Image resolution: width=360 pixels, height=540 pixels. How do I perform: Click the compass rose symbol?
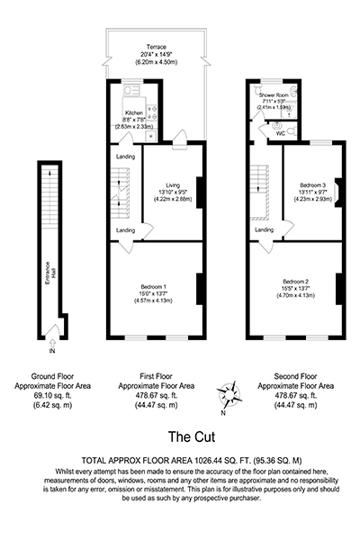[229, 394]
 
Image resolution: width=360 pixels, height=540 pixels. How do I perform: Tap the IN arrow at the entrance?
[52, 343]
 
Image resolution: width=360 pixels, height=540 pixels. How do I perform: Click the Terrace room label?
[157, 47]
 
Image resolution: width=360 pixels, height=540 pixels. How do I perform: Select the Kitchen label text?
[134, 113]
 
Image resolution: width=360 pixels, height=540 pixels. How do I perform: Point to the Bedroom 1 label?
[154, 286]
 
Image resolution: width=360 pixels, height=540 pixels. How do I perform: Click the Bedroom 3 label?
[312, 184]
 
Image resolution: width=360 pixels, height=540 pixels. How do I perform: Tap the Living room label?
[173, 185]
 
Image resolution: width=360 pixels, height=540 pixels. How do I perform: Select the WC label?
[281, 133]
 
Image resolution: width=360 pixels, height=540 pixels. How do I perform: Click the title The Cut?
[192, 436]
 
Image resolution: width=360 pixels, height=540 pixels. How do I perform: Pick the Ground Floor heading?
[52, 376]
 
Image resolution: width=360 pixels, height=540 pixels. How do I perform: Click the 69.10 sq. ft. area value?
[52, 396]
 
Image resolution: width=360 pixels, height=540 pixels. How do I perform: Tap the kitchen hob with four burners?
[152, 112]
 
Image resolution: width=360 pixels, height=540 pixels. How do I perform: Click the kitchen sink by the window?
[131, 91]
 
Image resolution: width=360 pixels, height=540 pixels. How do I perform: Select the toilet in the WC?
[292, 130]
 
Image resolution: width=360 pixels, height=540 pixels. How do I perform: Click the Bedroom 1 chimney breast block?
[200, 289]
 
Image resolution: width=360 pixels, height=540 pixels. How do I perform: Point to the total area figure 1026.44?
[208, 460]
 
